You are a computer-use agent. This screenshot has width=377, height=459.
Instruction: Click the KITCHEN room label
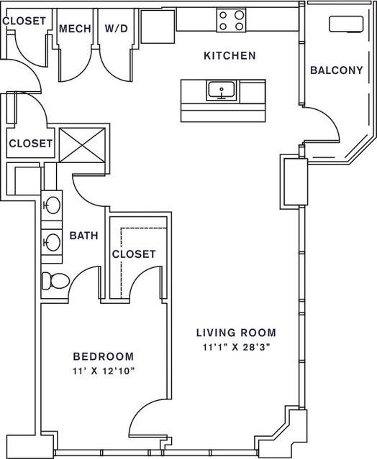(x=230, y=55)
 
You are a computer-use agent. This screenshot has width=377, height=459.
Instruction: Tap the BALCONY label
(x=337, y=70)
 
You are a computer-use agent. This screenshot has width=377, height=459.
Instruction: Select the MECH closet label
(x=75, y=29)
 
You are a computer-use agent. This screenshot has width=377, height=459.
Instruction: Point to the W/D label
(x=117, y=29)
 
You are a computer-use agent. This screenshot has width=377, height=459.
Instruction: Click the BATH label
(x=84, y=236)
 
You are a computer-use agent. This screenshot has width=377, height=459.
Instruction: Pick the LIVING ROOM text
(x=236, y=333)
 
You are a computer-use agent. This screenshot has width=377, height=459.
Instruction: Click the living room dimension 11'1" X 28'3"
(x=236, y=347)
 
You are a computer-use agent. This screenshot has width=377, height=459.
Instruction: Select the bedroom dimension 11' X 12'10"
(x=104, y=371)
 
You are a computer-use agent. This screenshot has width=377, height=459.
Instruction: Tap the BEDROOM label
(x=104, y=356)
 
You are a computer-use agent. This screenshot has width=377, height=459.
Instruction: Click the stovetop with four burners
(x=231, y=20)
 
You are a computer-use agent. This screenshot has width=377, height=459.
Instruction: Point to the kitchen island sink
(x=222, y=91)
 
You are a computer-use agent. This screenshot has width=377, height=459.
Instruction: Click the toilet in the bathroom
(x=55, y=281)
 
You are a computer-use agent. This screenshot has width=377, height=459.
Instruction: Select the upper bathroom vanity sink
(x=53, y=205)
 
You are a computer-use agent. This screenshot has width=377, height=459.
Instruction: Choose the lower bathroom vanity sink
(x=53, y=242)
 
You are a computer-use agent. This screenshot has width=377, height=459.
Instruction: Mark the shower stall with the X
(x=82, y=145)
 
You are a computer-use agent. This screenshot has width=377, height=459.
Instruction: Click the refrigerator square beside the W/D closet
(x=158, y=27)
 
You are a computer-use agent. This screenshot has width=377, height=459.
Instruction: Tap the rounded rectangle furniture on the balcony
(x=346, y=24)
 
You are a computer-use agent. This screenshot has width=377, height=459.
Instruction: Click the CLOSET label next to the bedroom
(x=134, y=254)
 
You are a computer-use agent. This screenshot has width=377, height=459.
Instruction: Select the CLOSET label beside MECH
(x=24, y=21)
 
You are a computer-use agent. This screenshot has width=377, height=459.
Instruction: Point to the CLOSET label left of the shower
(x=30, y=144)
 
